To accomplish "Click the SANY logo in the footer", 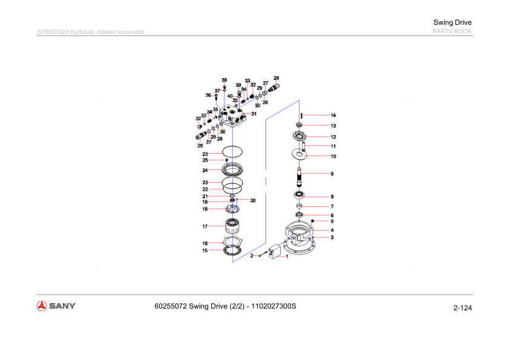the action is coord(56,306).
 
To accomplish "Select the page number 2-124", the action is coord(463,308).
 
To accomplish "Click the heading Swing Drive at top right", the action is coord(452,22).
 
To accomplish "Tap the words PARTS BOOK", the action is coord(452,31).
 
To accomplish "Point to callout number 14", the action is coord(333,115).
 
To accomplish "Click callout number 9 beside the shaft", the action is coord(332,174).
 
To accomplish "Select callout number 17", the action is coord(205,226).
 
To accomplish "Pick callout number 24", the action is coord(205,170).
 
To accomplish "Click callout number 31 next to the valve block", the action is coord(253,114).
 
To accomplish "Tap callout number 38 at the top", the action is coord(224,80).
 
